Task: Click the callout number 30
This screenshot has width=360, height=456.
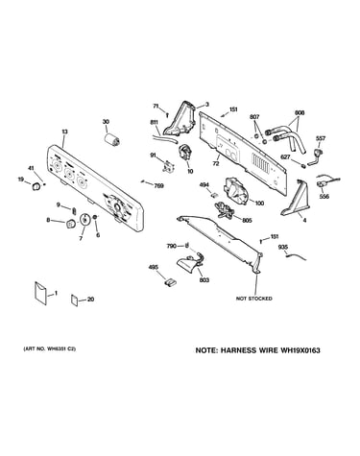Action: tap(106, 122)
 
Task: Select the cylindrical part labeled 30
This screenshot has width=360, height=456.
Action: tap(112, 140)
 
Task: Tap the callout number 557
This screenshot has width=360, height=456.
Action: tap(321, 138)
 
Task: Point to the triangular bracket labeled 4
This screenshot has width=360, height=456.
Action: tap(296, 199)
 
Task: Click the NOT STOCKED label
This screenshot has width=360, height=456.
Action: tap(254, 299)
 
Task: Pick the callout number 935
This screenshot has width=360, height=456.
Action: tap(283, 247)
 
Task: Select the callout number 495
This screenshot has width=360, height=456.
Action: tap(153, 267)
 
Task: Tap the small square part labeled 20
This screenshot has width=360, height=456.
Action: tap(75, 300)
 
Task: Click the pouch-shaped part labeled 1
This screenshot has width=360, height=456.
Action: tap(40, 293)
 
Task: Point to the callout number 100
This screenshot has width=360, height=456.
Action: tap(259, 204)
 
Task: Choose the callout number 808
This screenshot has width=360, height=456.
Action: tap(300, 113)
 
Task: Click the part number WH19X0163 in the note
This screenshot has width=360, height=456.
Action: tap(300, 350)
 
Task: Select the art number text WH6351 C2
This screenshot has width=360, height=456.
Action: tap(60, 349)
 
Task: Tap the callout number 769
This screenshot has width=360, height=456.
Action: tap(158, 185)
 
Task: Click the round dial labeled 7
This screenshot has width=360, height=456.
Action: tap(84, 220)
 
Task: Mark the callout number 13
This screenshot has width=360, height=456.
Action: tap(64, 132)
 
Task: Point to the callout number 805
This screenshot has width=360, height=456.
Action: tap(247, 221)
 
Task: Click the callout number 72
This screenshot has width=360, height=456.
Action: tap(216, 164)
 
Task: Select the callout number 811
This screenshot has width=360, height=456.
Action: tap(154, 122)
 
